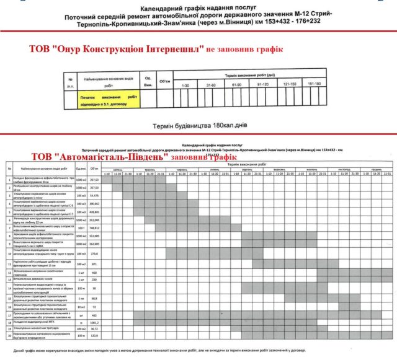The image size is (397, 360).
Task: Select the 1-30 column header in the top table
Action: (x=184, y=85)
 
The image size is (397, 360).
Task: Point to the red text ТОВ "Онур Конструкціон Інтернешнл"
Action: (x=117, y=49)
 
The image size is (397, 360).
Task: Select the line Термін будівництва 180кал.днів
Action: (x=200, y=126)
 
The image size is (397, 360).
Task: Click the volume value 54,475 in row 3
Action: (x=95, y=196)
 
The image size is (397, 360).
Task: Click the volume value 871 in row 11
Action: (x=95, y=263)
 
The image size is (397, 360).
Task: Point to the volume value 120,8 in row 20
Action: (x=95, y=335)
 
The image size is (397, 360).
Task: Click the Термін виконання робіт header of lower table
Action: (x=248, y=164)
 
